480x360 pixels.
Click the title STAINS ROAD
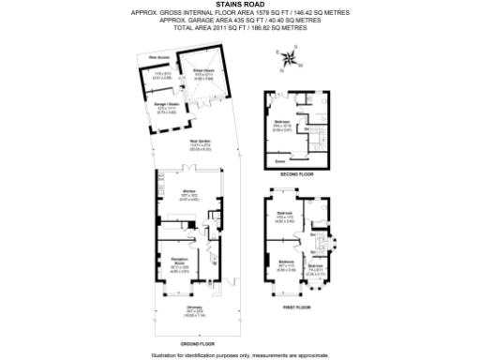241,5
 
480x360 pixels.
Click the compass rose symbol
292,61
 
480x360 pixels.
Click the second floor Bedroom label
282,125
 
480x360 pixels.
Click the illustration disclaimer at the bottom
241,354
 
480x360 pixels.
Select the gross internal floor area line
241,13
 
